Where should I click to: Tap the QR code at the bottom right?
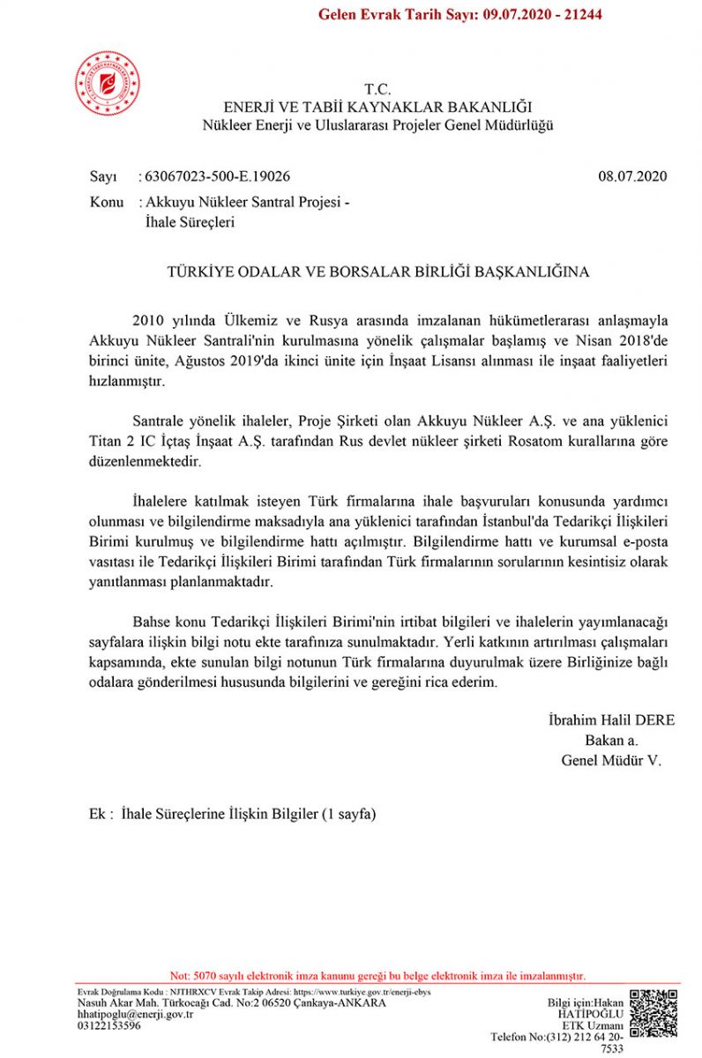[653, 1014]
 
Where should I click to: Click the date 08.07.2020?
[632, 176]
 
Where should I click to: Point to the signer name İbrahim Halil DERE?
[611, 720]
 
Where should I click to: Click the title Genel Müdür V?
[611, 759]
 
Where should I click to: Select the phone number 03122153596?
[109, 1025]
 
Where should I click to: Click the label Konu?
[107, 202]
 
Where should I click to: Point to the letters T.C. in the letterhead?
[377, 89]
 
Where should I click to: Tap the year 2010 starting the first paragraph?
[147, 319]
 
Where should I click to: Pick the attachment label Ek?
[98, 814]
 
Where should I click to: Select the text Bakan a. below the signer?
[611, 740]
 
